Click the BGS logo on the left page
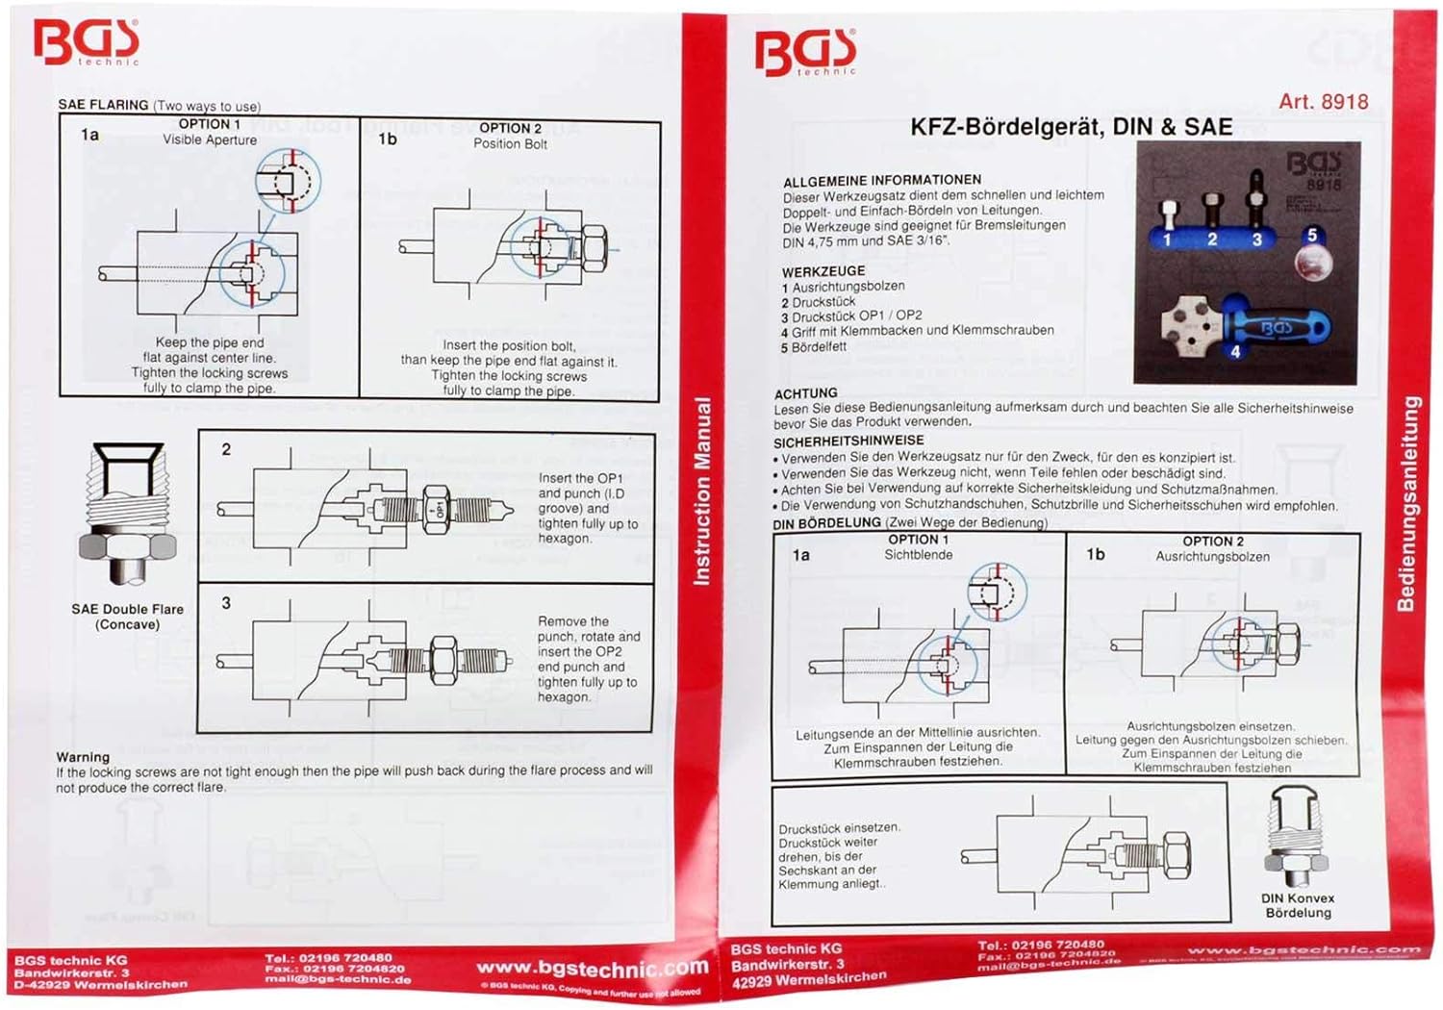[86, 41]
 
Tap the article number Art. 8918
[1323, 102]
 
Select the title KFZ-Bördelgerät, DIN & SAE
[1071, 127]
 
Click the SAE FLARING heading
[103, 105]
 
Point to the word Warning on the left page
[83, 757]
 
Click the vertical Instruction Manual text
[702, 491]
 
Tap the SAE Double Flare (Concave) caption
[127, 617]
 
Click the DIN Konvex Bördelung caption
[1298, 905]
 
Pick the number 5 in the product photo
[1311, 235]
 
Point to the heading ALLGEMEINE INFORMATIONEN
[881, 181]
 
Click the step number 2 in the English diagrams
[226, 449]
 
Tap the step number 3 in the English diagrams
[226, 603]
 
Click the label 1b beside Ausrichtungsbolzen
[1095, 554]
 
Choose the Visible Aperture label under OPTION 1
[210, 140]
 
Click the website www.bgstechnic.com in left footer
[592, 968]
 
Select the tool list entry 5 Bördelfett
[814, 347]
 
